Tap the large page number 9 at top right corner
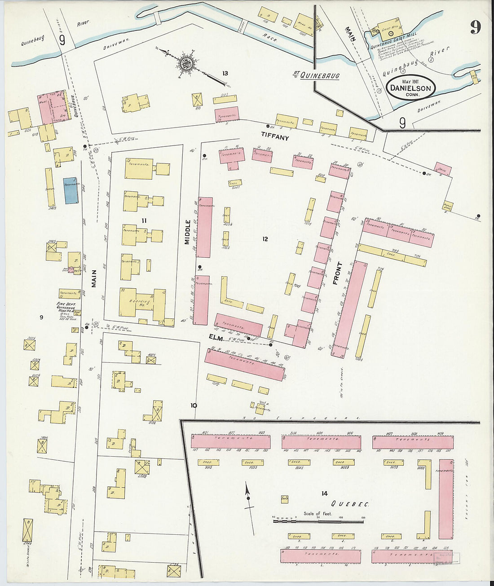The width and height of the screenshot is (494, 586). click(475, 27)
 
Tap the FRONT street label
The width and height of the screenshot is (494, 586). click(337, 273)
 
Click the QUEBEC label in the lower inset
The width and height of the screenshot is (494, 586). click(350, 504)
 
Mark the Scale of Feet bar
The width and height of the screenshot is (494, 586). click(318, 521)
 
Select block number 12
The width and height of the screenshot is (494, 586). click(265, 239)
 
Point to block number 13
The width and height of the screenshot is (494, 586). click(225, 73)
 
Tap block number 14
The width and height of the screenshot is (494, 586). click(324, 493)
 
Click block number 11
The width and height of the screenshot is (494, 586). click(144, 220)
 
